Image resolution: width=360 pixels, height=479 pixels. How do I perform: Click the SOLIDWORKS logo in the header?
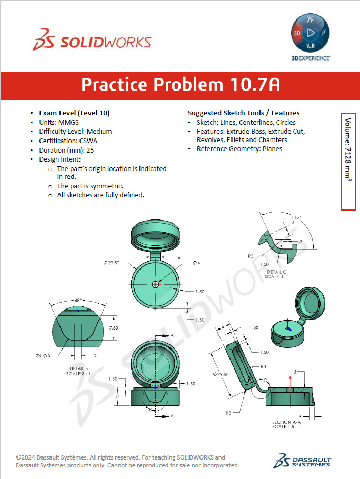coord(92,43)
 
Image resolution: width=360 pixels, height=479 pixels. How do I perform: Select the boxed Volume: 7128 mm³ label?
coord(348,161)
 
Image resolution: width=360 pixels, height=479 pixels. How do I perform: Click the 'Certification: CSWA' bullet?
coord(67,141)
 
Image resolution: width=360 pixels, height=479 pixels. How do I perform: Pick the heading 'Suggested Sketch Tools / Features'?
coord(244,113)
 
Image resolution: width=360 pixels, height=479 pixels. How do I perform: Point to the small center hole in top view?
coord(155,284)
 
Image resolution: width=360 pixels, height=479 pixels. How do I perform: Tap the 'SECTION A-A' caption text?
coord(285,422)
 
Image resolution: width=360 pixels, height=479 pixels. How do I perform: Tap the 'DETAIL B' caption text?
coord(80,368)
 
